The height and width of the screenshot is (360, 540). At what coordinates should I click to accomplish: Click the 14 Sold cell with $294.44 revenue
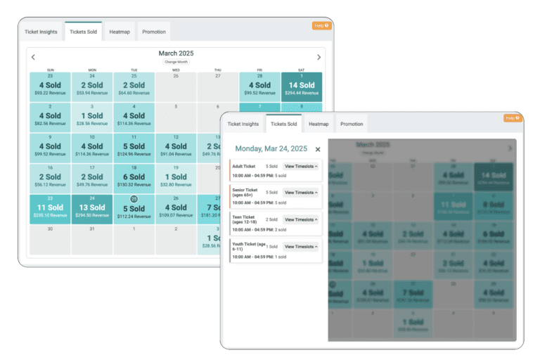(302, 87)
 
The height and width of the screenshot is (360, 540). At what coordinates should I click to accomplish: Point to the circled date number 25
(134, 199)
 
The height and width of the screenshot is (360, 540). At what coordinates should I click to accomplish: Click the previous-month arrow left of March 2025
(33, 58)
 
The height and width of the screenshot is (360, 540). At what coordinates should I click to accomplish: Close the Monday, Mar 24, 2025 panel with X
(318, 149)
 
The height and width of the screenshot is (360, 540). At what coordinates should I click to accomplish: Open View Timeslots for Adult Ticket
(301, 166)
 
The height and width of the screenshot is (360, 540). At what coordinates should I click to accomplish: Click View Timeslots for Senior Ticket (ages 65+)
(301, 192)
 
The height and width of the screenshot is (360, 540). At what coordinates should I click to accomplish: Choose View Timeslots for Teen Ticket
(301, 219)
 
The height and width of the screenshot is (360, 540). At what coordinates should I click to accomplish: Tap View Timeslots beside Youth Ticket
(301, 247)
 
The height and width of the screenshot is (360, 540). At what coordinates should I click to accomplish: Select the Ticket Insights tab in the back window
(41, 32)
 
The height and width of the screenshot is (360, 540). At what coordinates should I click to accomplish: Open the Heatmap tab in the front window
(319, 124)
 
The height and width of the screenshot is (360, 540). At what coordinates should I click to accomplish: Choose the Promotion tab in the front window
(352, 124)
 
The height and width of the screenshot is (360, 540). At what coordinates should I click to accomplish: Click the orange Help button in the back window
(321, 25)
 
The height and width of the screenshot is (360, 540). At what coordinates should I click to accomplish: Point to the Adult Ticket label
(245, 166)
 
